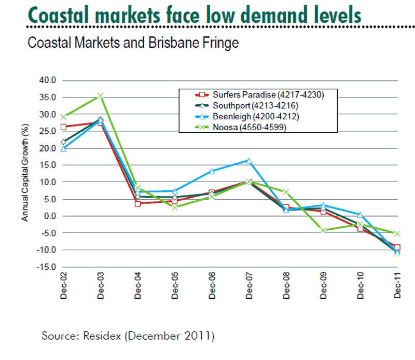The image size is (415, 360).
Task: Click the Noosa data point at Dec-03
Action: coord(100,96)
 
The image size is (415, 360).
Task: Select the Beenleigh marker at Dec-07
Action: coord(248,161)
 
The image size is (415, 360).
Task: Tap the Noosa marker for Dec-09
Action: coord(323,230)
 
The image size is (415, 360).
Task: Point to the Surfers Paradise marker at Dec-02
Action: coord(63,127)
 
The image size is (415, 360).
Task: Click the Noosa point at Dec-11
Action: coord(397,234)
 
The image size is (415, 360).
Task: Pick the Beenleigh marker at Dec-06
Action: coord(212,171)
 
